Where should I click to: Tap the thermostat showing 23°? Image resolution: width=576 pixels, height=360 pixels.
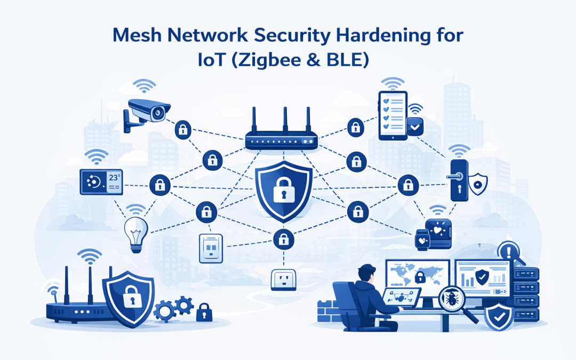tap(100, 182)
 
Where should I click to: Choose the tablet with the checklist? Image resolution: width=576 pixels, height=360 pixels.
tap(392, 115)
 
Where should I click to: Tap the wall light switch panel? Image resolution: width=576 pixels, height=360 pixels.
tap(210, 248)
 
